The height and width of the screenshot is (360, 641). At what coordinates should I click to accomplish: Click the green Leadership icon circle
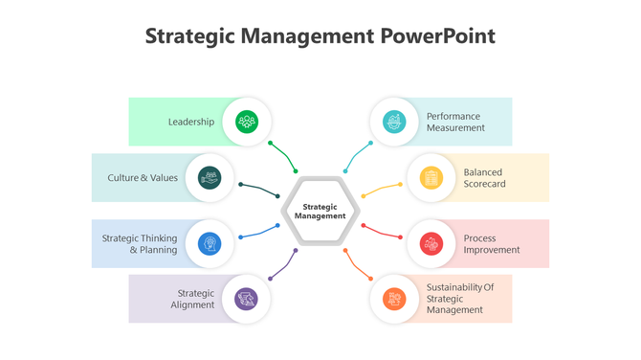coord(247,122)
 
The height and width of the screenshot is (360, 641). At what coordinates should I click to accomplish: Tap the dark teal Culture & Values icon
coord(210,177)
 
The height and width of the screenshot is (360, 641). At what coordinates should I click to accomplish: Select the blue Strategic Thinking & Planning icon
coord(210,244)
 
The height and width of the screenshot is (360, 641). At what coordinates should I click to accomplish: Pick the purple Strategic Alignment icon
coord(247,299)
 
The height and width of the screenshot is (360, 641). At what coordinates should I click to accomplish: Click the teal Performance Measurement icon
coord(393,122)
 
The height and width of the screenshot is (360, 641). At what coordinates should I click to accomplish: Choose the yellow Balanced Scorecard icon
coord(431,177)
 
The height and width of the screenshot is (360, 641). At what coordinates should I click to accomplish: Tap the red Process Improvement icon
coord(431,244)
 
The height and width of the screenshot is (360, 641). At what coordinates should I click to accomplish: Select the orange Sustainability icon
coord(393,299)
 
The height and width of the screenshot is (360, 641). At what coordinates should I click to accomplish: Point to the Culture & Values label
coord(143,177)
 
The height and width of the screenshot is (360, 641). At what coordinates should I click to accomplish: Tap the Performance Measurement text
coord(453,122)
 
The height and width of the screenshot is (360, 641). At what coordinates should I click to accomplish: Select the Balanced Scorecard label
coord(484,177)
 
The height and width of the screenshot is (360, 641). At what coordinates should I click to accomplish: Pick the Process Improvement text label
coord(492,244)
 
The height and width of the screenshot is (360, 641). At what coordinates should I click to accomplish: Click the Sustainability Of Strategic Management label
coord(459,298)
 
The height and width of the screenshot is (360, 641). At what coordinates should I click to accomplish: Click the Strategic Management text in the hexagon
coord(320,211)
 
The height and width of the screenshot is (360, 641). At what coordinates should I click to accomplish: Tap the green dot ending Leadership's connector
coord(271,144)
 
